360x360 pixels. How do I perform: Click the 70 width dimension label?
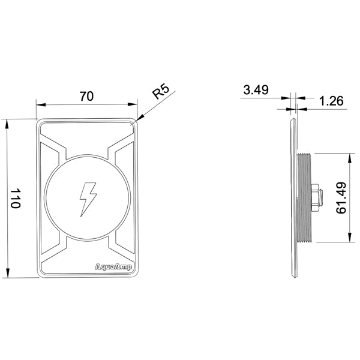pyautogui.click(x=86, y=97)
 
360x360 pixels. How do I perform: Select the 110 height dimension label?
pyautogui.click(x=16, y=199)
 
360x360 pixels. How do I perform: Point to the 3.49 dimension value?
pyautogui.click(x=256, y=90)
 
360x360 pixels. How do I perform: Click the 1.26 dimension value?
pyautogui.click(x=331, y=101)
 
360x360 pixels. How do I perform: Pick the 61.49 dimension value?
pyautogui.click(x=341, y=197)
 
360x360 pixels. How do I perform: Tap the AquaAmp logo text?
pyautogui.click(x=113, y=267)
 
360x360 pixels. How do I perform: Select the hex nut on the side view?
pyautogui.click(x=317, y=197)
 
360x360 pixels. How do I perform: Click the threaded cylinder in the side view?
pyautogui.click(x=304, y=197)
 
